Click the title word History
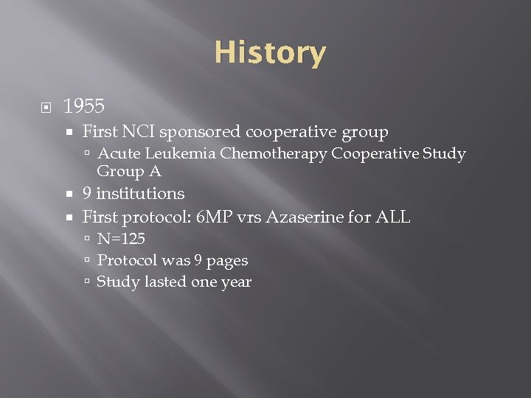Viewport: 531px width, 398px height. point(270,53)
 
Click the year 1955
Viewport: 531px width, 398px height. point(84,107)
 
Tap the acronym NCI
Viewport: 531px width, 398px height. point(137,132)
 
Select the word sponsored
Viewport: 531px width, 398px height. point(200,132)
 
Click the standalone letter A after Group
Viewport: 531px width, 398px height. point(156,171)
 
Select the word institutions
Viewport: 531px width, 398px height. point(140,194)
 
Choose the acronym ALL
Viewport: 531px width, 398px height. point(393,217)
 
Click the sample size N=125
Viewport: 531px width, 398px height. point(121,239)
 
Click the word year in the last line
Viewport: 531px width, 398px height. point(236,283)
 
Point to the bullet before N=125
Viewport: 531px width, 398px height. point(87,240)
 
